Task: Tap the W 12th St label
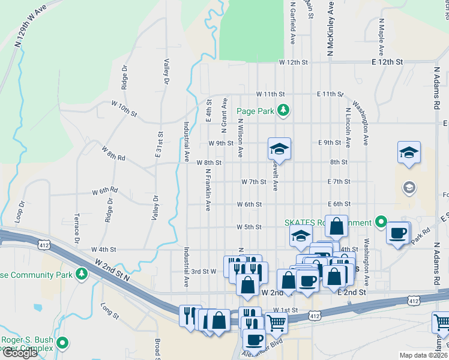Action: pos(293,62)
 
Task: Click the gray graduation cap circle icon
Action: pos(409,188)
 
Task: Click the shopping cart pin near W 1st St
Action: pos(276,322)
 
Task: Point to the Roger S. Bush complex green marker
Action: pos(63,344)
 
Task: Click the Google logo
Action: pos(20,353)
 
